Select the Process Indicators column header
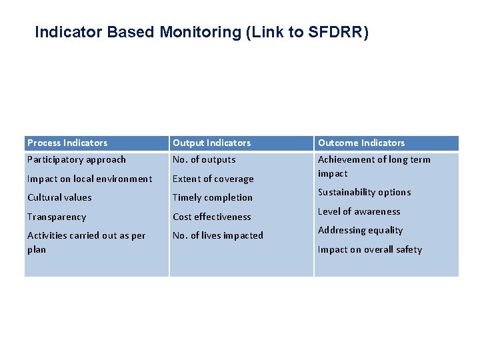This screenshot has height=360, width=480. click(x=67, y=143)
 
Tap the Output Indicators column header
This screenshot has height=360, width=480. click(x=212, y=143)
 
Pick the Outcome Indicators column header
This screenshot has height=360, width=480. click(x=361, y=143)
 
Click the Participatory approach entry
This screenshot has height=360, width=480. click(x=76, y=159)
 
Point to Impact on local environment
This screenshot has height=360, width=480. click(x=89, y=179)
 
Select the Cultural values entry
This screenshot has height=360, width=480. click(x=59, y=197)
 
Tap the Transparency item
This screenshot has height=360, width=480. click(x=57, y=217)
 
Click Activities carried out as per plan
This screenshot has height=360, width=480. click(x=86, y=242)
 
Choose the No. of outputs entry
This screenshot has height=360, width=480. click(x=204, y=159)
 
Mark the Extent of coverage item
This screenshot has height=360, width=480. click(x=213, y=179)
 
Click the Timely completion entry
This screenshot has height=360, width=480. click(x=213, y=197)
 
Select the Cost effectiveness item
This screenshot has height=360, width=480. click(x=212, y=217)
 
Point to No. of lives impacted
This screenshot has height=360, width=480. click(x=218, y=235)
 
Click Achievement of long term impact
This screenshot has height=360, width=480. click(x=374, y=166)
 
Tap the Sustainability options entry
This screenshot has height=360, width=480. click(x=364, y=192)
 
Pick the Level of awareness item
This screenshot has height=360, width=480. click(x=359, y=211)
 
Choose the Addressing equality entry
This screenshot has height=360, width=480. click(x=360, y=230)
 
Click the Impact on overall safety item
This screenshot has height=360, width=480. click(x=370, y=249)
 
